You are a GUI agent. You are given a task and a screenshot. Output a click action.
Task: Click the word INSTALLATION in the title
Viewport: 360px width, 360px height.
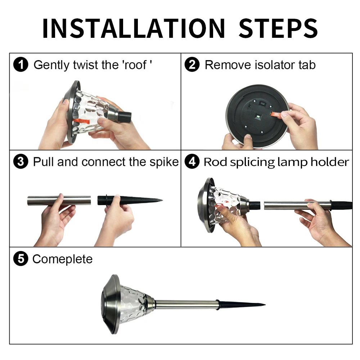point(134,28)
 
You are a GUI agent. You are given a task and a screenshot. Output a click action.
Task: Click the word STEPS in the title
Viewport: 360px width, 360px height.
point(278,28)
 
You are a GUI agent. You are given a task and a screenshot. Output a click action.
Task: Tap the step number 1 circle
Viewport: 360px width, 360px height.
point(21,64)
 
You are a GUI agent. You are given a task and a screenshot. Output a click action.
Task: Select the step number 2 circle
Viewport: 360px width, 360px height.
point(192,64)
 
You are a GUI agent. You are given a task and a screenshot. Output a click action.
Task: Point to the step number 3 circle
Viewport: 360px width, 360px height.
point(21,162)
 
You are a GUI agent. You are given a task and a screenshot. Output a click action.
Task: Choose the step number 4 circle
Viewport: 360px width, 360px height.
point(192,162)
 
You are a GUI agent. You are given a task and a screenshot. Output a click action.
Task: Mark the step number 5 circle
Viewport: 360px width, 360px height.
point(21,259)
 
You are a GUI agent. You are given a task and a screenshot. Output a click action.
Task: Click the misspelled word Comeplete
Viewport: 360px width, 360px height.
point(62,259)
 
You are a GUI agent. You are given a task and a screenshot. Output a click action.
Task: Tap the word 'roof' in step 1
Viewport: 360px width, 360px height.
point(138,65)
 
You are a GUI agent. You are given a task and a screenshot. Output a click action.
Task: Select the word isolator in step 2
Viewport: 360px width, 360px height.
point(275,65)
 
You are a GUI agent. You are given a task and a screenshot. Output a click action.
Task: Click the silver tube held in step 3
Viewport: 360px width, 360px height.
point(59,201)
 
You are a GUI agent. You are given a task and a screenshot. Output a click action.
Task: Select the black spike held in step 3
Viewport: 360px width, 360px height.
point(130,200)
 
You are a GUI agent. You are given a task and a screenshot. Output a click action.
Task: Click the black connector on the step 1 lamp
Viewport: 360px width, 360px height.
point(124,116)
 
